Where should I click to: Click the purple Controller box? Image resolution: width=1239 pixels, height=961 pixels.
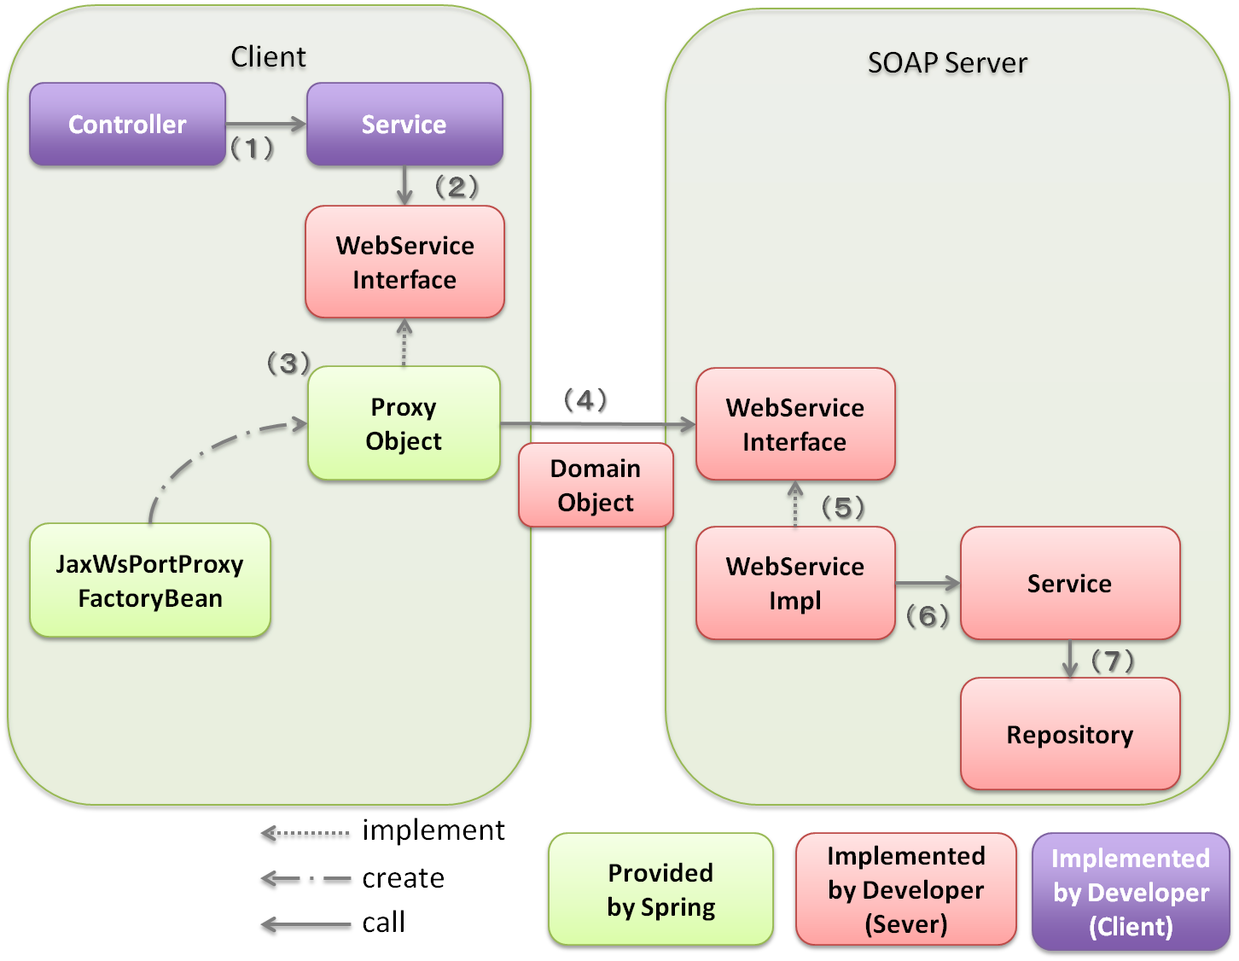pos(127,125)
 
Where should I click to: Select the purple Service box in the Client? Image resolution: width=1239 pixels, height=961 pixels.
pos(404,125)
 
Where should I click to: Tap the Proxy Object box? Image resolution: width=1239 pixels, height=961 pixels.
pos(404,423)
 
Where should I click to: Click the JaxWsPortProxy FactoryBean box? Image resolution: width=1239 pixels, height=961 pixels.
pos(150,580)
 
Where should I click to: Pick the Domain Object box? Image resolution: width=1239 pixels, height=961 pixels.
pos(596,485)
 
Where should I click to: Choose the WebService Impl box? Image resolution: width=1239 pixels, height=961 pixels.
pos(795,583)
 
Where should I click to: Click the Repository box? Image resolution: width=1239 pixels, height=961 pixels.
pos(1070,734)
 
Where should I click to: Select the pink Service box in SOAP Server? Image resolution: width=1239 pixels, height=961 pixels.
pos(1070,583)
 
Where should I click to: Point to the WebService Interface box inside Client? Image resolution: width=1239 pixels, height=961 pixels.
pos(404,262)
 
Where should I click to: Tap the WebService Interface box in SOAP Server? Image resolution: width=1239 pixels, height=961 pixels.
pos(795,424)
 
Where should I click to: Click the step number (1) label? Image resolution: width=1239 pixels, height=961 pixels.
pos(253,149)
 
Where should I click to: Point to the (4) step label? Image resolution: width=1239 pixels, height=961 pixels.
pos(586,400)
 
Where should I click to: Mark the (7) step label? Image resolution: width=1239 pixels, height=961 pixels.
pos(1113,661)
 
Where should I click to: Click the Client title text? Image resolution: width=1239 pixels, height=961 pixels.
pos(268,57)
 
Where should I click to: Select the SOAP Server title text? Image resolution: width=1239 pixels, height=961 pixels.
pos(947,63)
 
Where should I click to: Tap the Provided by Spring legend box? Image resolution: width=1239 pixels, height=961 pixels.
pos(660,889)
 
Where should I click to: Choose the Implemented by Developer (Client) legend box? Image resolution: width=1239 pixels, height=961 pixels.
pos(1131,892)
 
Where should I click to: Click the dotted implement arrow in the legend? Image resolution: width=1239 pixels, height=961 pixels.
pos(305,834)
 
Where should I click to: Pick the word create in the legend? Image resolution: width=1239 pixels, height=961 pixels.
pos(403,878)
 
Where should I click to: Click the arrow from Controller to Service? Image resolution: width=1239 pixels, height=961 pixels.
pos(265,125)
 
